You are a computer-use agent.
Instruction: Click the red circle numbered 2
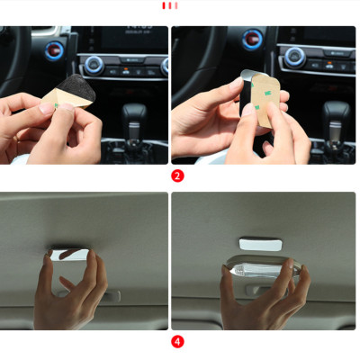[x=177, y=176]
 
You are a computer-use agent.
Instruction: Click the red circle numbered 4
[x=177, y=341]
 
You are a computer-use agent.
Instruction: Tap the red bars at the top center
[x=169, y=5]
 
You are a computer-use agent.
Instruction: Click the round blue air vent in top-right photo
[x=253, y=40]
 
